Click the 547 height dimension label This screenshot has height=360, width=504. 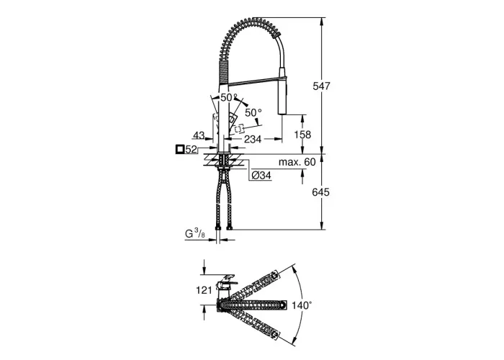321,86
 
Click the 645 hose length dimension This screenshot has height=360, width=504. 321,192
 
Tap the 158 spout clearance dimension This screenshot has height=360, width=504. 302,135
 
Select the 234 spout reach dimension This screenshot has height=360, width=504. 253,139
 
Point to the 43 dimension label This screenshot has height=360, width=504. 199,135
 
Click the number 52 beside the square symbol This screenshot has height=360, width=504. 191,150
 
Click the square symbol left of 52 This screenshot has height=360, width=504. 180,150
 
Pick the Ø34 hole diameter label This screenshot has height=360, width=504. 261,175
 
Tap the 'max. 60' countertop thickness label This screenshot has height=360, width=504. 297,162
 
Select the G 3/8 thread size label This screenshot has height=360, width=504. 195,234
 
